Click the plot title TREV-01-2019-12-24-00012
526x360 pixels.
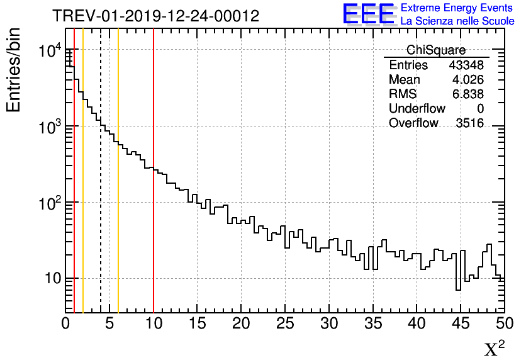tap(155, 16)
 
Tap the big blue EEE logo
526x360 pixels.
tap(369, 14)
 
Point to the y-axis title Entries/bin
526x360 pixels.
tap(14, 70)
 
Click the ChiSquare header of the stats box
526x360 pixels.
tap(436, 50)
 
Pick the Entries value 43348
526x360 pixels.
tap(466, 65)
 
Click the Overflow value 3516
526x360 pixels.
tap(469, 123)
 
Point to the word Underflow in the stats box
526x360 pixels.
tap(417, 109)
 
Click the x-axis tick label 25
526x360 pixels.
tap(285, 323)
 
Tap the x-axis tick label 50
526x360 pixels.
tap(504, 323)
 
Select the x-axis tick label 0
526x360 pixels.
tap(65, 323)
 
